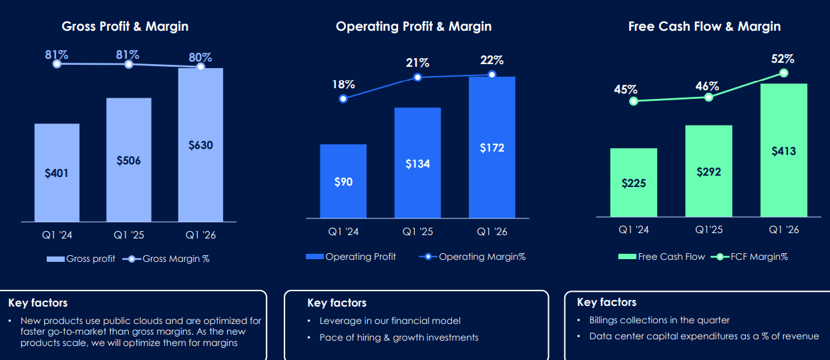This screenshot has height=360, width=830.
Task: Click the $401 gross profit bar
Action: tap(57, 172)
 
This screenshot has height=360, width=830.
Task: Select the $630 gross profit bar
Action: tap(200, 144)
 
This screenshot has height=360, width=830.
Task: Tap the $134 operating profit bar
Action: tap(417, 163)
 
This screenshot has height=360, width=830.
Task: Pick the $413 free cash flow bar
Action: tap(783, 150)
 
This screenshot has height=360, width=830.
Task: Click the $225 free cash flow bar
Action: tap(634, 182)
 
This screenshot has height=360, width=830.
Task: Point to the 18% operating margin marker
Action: tap(343, 98)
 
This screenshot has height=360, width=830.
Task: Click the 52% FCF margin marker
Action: tap(784, 73)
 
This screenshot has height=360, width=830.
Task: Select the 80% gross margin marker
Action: tap(200, 66)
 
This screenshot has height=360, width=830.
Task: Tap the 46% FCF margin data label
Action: tap(706, 86)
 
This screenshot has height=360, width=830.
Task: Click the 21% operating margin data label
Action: tap(417, 63)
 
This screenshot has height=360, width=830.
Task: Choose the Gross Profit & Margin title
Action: tap(125, 27)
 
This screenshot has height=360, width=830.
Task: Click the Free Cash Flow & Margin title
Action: tap(704, 27)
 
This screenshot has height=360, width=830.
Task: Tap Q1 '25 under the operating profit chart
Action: tap(417, 232)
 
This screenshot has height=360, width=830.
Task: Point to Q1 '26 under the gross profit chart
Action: tap(200, 235)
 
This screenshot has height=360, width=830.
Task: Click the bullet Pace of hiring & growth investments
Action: tap(399, 337)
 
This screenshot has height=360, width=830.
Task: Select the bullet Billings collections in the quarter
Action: tap(659, 320)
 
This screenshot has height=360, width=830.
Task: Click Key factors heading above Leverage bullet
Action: tap(337, 303)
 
